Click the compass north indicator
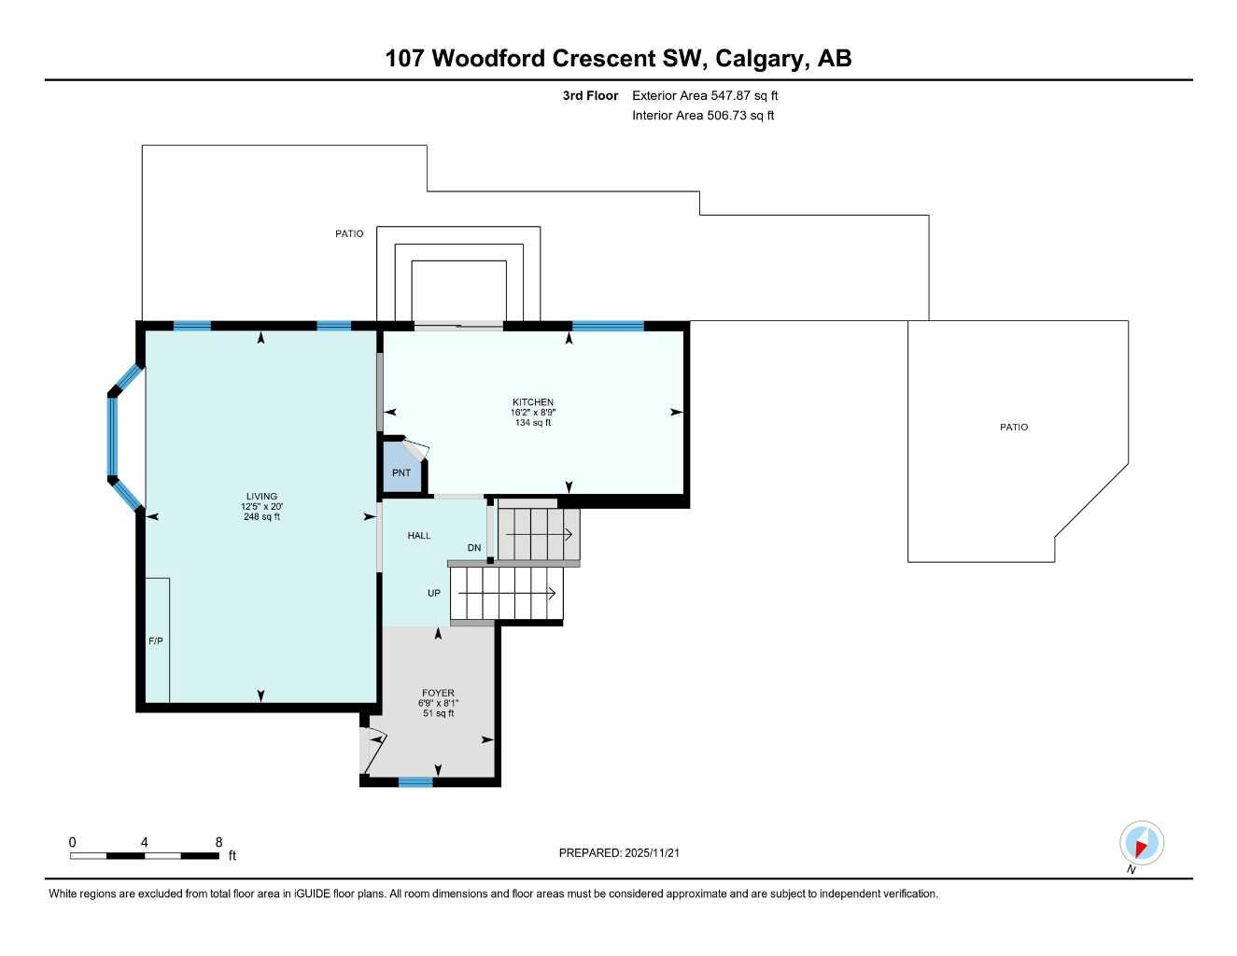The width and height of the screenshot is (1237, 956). point(1141,844)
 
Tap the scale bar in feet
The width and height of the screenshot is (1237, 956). point(145,855)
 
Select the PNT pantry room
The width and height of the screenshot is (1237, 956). point(401,471)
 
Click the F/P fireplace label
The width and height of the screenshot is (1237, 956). point(156,641)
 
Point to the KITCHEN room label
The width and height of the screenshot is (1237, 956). point(533,402)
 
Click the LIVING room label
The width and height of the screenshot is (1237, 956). point(261,497)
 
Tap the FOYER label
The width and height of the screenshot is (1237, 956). point(438,694)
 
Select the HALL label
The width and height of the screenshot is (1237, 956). point(419,536)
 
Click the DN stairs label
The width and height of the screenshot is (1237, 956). point(474,548)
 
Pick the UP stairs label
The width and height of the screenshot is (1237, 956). point(434,594)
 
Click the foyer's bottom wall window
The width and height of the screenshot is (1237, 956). point(415,781)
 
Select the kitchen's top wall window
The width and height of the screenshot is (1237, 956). point(608,326)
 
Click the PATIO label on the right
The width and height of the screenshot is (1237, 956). point(1014,427)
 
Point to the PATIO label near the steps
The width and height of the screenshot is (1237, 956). point(350,233)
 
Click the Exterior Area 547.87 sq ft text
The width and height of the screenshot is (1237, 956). point(705,95)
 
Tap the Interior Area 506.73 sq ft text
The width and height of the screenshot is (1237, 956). point(703,116)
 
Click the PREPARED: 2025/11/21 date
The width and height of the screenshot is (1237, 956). point(626,852)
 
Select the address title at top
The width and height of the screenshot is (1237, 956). point(618,59)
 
